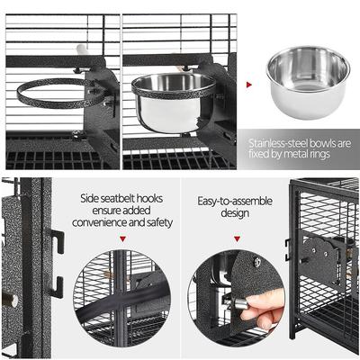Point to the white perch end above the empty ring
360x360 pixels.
tap(82, 51)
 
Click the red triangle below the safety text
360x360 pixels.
tap(122, 239)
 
